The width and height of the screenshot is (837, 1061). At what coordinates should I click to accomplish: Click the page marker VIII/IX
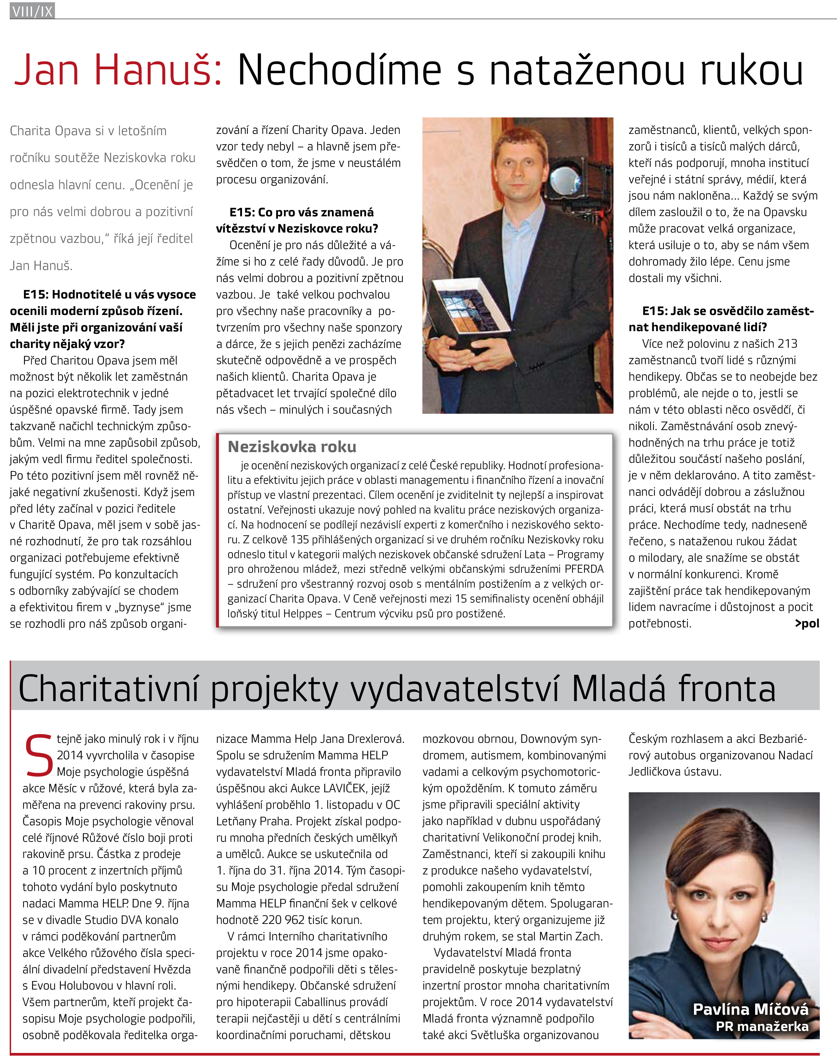(x=32, y=11)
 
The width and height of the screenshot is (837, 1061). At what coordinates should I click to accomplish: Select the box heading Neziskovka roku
(x=292, y=447)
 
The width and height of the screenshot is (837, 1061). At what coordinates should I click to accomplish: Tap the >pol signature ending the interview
(x=807, y=623)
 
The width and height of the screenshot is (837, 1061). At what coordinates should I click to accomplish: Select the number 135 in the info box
(x=300, y=539)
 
